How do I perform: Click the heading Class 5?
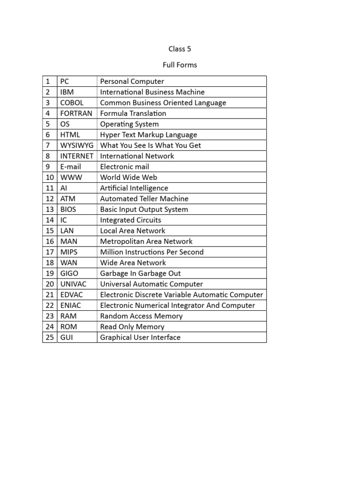180,49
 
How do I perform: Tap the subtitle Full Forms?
180,65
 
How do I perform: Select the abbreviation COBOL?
72,103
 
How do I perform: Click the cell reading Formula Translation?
133,113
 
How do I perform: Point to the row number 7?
48,145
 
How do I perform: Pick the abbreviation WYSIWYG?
77,145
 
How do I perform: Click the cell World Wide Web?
128,177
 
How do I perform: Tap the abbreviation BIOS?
69,210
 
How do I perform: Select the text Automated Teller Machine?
144,199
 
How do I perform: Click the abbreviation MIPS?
69,252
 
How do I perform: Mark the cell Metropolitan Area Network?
146,241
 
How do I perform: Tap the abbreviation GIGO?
70,273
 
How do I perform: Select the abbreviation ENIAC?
71,306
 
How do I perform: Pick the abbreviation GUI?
67,337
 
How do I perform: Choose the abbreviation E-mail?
71,167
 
